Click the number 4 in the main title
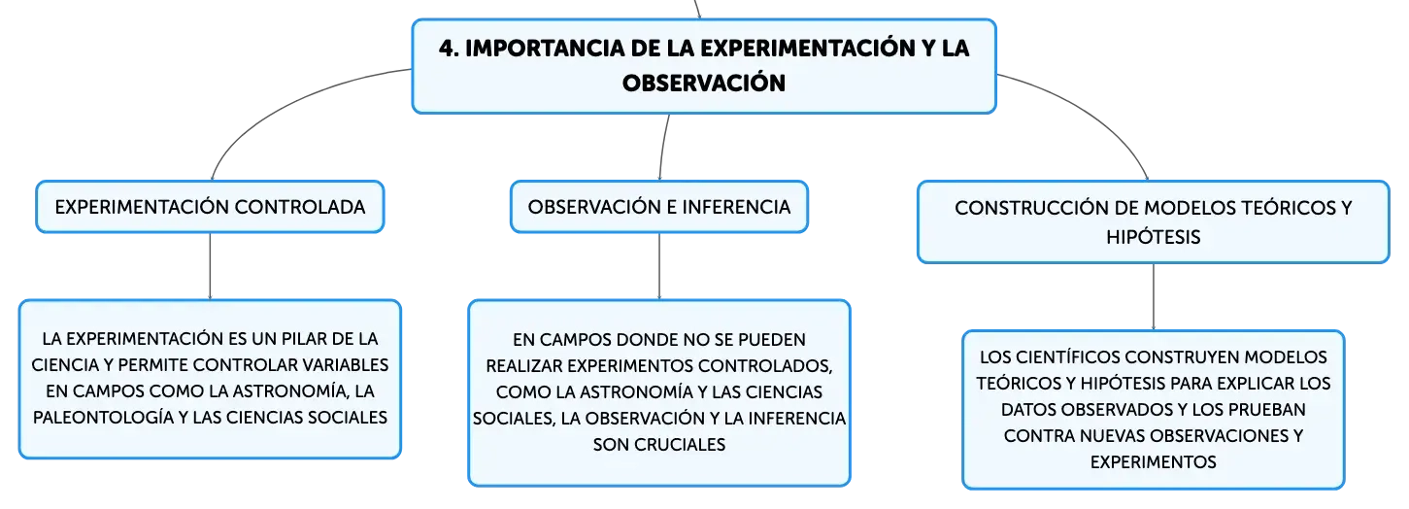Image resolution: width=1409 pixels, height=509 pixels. tap(446, 49)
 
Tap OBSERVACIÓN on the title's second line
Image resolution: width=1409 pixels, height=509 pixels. tap(704, 83)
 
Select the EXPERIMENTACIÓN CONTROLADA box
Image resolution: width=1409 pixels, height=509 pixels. tap(210, 207)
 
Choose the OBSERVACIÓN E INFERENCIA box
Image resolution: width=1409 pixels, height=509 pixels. tap(659, 207)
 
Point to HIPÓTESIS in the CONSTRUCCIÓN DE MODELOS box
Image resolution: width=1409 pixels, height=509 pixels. tap(1154, 237)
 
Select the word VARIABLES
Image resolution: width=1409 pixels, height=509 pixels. tap(348, 365)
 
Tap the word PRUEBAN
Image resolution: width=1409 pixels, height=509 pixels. tap(1267, 410)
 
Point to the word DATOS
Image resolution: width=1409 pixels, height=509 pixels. tap(1027, 410)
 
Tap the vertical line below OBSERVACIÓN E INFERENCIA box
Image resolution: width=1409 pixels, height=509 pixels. tap(659, 266)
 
